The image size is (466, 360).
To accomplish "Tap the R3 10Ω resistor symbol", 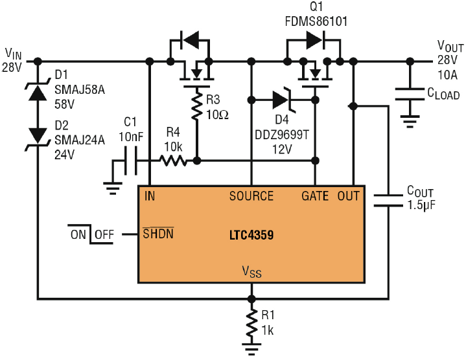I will coord(196,108).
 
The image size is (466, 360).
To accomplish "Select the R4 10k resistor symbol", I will coord(172,161).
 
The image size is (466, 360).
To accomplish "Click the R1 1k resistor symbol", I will coord(250,322).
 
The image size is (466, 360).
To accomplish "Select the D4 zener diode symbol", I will coord(283,100).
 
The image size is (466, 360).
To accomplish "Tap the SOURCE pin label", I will coord(251,196).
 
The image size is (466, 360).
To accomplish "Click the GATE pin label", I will coord(316,196).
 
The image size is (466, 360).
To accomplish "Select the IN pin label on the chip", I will coord(150,196).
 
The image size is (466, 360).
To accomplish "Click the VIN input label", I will coord(14,52).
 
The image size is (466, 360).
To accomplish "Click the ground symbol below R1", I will coord(250,348).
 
